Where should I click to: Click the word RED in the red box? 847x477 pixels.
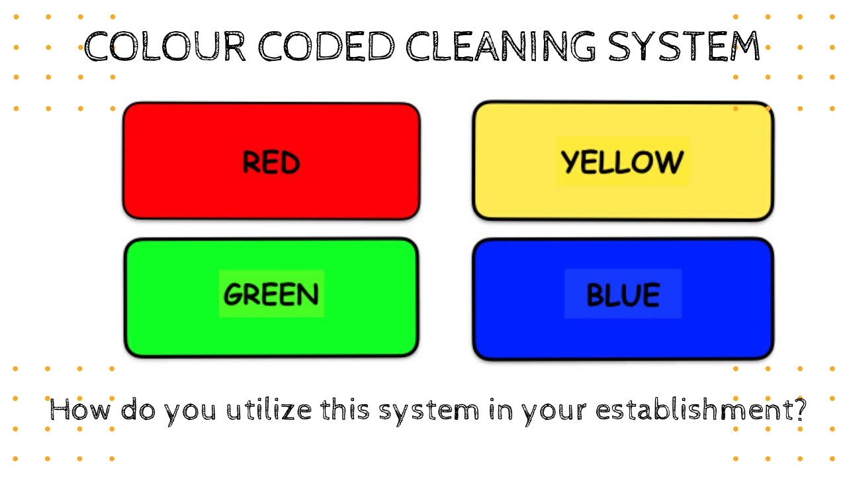point(271,162)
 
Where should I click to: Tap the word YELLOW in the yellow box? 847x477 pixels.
point(622,162)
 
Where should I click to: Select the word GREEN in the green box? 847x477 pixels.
point(271,294)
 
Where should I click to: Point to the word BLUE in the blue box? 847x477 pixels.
point(623,295)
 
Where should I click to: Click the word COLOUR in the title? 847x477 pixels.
point(165,47)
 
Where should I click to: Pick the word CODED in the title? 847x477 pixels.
point(326,47)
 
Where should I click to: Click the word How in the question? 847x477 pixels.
point(80,410)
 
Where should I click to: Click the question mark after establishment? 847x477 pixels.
point(799,410)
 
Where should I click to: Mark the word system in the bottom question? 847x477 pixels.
point(429,411)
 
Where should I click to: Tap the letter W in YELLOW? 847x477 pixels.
point(668,162)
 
